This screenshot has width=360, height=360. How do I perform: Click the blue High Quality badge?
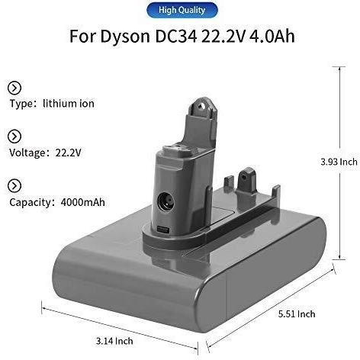(182, 10)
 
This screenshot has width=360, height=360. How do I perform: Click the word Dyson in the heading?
(125, 37)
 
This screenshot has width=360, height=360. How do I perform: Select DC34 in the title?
(176, 36)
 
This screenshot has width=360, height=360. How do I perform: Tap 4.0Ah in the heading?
(272, 36)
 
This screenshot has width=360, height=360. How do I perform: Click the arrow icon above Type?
(14, 88)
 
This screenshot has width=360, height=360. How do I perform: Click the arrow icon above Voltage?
(14, 137)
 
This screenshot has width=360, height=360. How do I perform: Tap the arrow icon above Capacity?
(14, 186)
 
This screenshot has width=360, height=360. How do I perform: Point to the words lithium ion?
(69, 104)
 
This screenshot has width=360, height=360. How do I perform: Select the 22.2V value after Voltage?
(68, 153)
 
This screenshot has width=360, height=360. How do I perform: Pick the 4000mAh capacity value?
(83, 202)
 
